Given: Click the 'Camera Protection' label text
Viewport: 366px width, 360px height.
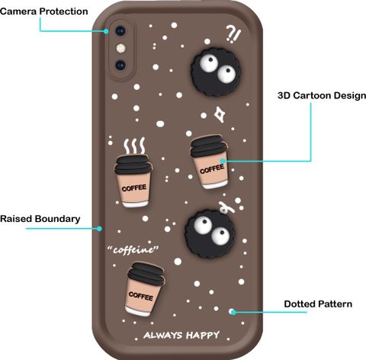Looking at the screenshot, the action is click(x=44, y=11).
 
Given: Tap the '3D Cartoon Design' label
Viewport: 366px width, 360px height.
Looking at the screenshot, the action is click(x=322, y=95).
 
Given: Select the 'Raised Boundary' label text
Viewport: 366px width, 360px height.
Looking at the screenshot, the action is click(x=40, y=219).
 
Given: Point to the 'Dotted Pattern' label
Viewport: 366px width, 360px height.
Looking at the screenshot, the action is click(x=318, y=304).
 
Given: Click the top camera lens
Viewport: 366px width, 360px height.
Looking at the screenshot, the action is click(x=120, y=31).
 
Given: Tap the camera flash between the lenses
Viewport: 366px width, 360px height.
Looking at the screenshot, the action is click(x=121, y=48).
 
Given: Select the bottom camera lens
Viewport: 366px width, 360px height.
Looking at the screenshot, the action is click(x=120, y=65).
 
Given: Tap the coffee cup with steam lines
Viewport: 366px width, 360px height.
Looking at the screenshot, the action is click(x=133, y=181).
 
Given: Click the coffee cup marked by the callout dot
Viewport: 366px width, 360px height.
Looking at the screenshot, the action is click(x=210, y=162).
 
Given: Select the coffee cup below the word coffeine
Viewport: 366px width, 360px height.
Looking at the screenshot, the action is click(x=145, y=290).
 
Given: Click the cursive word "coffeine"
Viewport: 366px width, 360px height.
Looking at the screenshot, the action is click(x=133, y=250).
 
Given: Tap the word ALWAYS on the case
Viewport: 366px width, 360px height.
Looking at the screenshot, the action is click(x=163, y=336).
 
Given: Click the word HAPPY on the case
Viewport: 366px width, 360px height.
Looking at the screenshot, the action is click(x=203, y=335).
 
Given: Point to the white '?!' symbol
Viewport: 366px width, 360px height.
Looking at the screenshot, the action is click(x=233, y=34).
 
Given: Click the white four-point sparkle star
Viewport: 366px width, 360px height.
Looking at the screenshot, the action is click(x=219, y=114).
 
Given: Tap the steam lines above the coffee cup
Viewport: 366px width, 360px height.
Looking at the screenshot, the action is click(x=134, y=146).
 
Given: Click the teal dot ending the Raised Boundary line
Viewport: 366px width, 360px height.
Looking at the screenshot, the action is click(x=100, y=229).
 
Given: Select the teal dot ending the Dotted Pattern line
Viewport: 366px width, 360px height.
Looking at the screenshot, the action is click(x=233, y=312).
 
